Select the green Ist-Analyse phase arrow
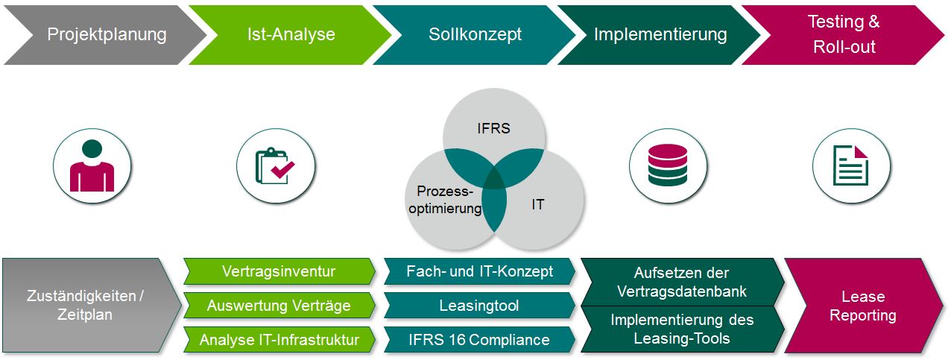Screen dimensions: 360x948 pos(291,34)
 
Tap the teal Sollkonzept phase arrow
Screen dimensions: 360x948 pos(475,34)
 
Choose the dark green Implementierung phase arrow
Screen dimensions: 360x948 pos(660,34)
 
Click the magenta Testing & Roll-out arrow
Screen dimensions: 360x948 pos(844,34)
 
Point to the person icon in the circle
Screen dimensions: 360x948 pos(92,165)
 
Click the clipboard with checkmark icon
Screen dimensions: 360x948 pos(275,165)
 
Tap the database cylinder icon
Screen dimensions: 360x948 pos(668,165)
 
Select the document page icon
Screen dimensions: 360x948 pos(851,165)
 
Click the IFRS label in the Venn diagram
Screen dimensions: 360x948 pos(493,128)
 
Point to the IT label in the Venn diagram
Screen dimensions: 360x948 pos(538,203)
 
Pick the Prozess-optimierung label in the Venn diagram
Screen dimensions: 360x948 pos(444,200)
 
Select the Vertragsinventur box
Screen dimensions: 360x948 pos(279,271)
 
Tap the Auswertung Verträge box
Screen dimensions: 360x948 pos(279,305)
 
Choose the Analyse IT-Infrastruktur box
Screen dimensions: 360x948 pos(279,340)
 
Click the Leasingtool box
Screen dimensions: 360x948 pos(479,305)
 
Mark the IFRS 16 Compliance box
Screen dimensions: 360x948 pos(479,340)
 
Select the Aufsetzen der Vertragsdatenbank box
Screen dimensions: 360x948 pos(681,281)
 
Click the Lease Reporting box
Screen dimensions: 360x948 pos(863,305)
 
